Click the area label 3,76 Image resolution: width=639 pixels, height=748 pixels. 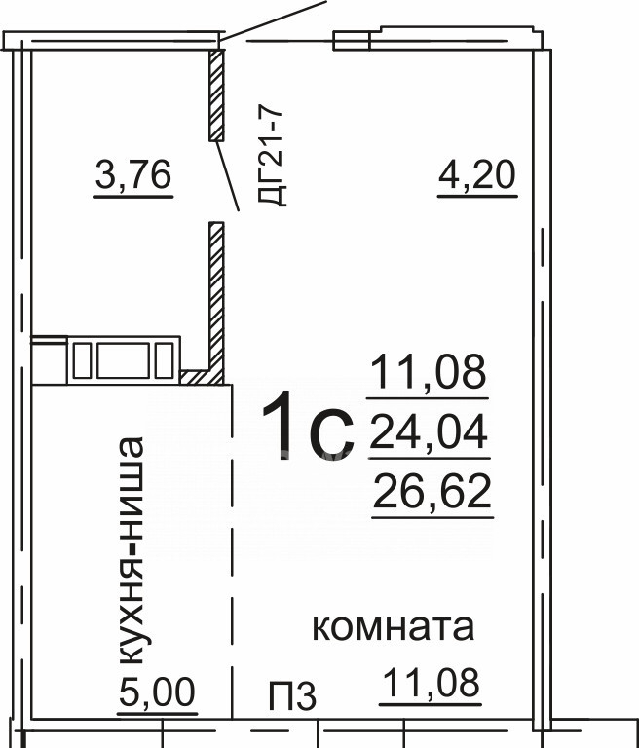click(133, 175)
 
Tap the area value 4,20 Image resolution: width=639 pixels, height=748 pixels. click(477, 174)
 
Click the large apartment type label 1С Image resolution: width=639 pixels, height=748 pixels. click(308, 427)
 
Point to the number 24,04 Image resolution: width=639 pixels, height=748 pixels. click(429, 431)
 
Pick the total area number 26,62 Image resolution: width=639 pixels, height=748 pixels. click(432, 491)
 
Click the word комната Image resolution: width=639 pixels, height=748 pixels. click(394, 627)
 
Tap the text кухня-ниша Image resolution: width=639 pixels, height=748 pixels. click(130, 550)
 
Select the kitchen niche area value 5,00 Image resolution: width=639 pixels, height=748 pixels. click(157, 692)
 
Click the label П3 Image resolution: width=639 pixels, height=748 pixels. click(292, 696)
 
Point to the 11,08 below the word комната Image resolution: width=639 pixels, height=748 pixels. click(431, 683)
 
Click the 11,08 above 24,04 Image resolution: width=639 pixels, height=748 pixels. click(428, 372)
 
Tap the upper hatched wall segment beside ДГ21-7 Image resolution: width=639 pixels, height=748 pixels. click(216, 95)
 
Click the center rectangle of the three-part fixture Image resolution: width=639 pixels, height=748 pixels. click(124, 360)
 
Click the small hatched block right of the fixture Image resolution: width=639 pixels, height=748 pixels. click(194, 377)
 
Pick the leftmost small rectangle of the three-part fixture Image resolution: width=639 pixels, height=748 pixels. click(82, 360)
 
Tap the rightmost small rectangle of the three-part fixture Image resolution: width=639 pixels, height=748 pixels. click(165, 360)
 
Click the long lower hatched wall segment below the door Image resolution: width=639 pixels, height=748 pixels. click(216, 303)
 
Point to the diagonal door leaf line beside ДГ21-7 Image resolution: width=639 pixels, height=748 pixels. click(227, 175)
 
